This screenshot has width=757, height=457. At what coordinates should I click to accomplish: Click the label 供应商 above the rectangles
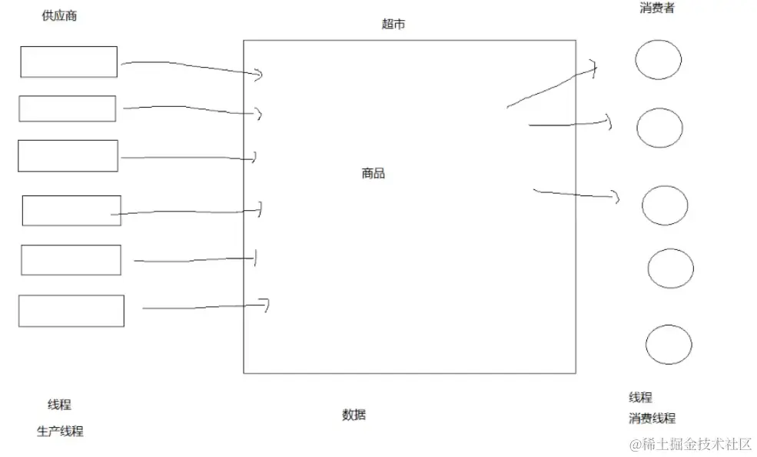pos(59,16)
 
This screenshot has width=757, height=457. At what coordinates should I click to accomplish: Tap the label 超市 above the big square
pos(393,25)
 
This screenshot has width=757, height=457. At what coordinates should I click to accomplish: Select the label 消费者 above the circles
pos(657,8)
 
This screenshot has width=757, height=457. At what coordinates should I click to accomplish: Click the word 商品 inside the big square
pos(374,174)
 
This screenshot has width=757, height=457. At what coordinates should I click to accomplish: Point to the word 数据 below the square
pos(354,415)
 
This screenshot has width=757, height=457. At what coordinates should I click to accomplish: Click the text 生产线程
pos(60,432)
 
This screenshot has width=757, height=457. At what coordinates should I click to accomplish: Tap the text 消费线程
pos(652,419)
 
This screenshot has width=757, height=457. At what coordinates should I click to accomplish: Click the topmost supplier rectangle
pos(68,62)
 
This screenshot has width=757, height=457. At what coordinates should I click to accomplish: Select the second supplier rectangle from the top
pos(68,108)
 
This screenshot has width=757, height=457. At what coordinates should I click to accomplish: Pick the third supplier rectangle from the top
pos(68,155)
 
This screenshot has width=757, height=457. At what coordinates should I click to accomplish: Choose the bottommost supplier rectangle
pos(71,311)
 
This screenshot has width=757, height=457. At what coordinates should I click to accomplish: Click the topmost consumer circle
pos(659,60)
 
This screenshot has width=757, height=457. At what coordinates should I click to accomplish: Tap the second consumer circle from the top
pos(660,128)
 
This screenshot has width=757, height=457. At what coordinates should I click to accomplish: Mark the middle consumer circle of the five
pos(665,205)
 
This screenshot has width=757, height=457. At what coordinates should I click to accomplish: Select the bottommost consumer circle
pos(669,345)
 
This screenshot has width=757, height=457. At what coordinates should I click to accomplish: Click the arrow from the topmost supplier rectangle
pos(192,68)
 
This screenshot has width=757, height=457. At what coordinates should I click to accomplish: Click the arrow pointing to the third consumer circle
pos(576,193)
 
